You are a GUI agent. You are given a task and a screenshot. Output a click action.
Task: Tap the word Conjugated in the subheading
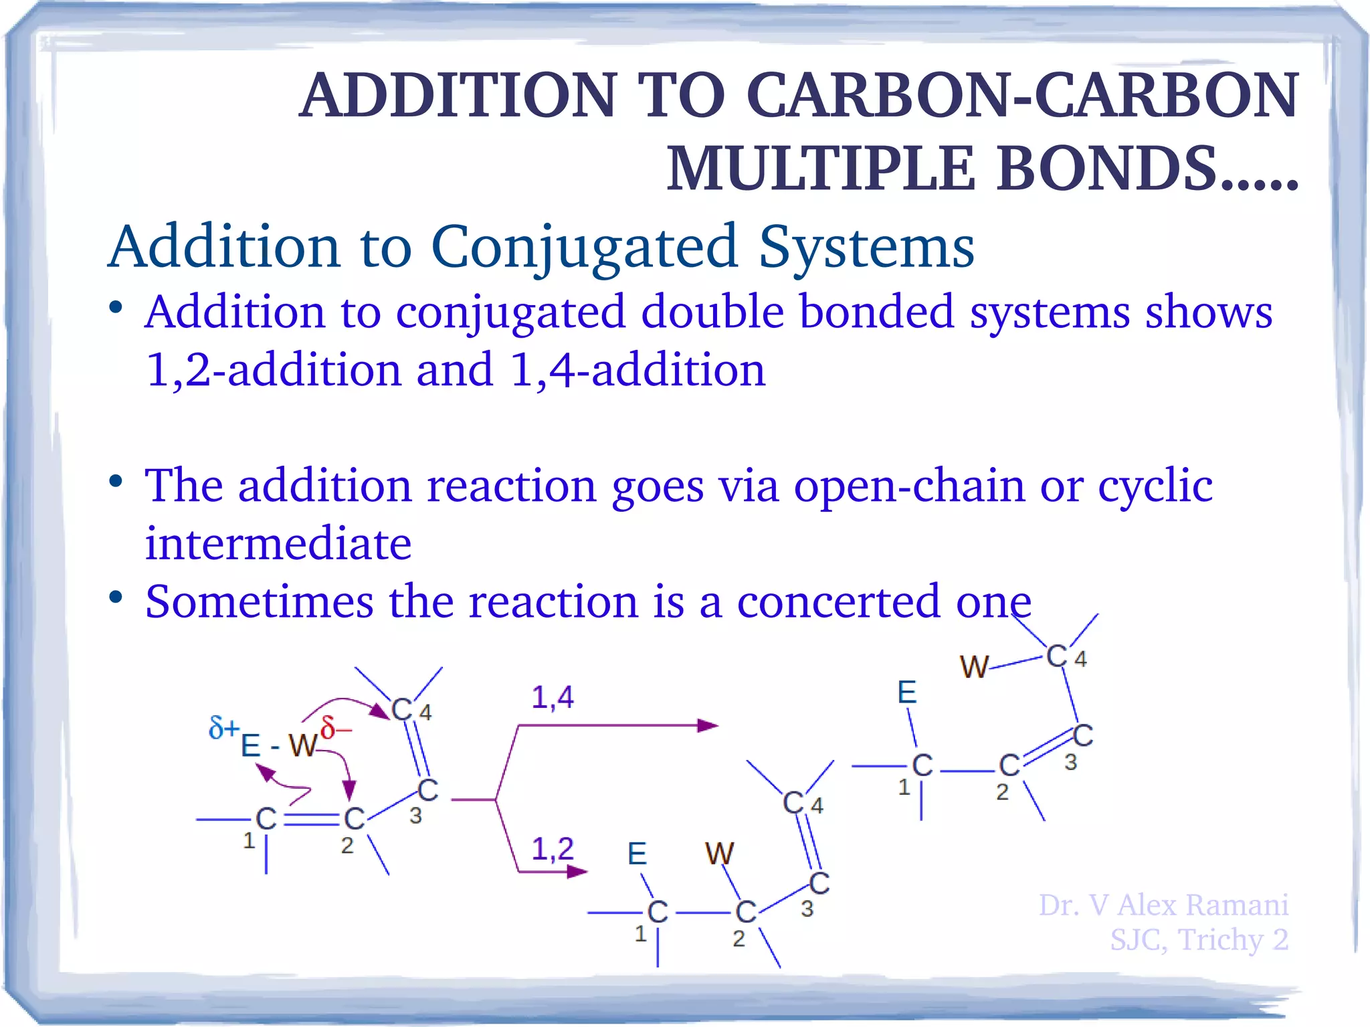tap(585, 248)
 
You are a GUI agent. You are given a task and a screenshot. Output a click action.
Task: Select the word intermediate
tap(278, 543)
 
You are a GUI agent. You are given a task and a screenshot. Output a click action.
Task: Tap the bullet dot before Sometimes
tap(116, 597)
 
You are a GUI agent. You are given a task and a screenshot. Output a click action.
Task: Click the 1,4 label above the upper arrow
tap(553, 697)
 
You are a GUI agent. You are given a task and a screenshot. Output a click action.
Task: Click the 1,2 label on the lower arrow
tap(553, 849)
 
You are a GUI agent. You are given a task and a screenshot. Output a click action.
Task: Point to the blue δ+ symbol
tap(223, 727)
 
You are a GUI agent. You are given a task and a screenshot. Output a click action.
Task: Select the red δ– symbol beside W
tap(334, 727)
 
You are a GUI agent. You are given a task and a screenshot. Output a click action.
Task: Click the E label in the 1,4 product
tap(906, 692)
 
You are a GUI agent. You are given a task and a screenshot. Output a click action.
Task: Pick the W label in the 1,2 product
tap(719, 854)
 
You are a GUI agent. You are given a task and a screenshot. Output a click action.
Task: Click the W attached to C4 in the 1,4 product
tap(974, 667)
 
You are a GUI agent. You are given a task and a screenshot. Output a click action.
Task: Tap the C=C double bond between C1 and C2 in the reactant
tap(312, 820)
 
